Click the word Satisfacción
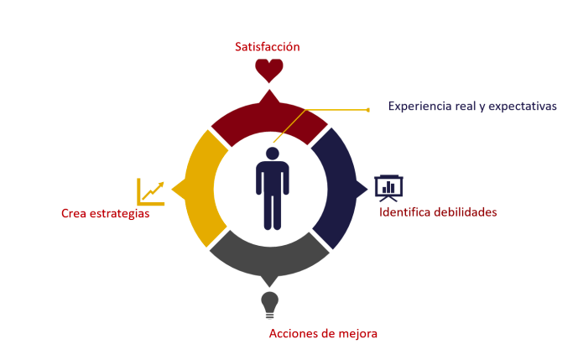(268, 47)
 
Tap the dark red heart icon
(269, 70)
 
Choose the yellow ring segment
(198, 189)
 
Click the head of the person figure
(272, 154)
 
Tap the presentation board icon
(388, 187)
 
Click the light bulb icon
(269, 304)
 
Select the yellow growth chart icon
(151, 191)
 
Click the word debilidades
(468, 212)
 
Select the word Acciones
(293, 333)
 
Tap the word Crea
(74, 214)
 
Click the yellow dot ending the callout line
(367, 109)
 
